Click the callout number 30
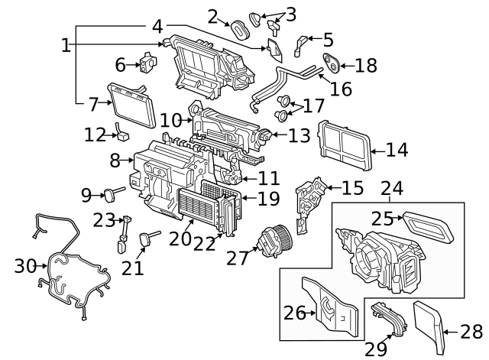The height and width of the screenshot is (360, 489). (x=25, y=266)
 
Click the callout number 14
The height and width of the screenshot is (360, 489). (x=397, y=150)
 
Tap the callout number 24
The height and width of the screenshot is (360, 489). (x=391, y=186)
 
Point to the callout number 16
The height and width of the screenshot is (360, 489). (x=341, y=89)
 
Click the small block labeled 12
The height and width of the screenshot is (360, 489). (x=121, y=136)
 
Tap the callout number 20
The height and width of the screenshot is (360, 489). (x=180, y=238)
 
